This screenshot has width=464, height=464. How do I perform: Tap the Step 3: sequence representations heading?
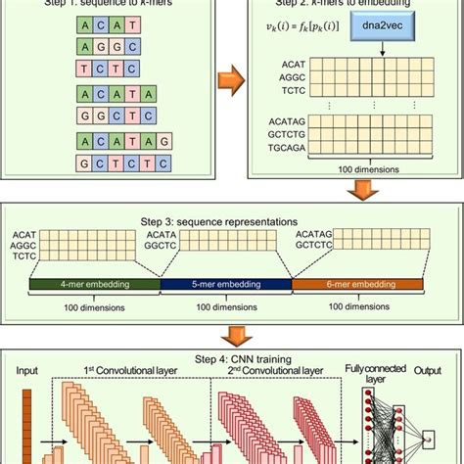point(232,220)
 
